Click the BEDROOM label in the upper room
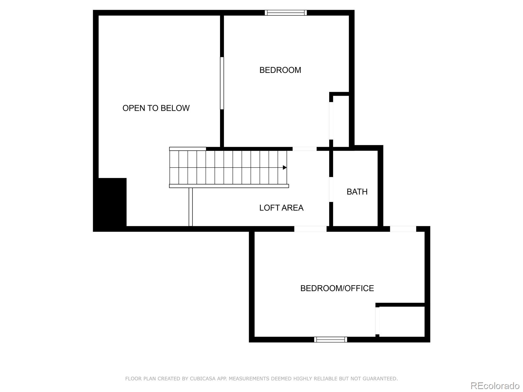coord(280,70)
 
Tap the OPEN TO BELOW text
coord(156,108)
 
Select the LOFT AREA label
coord(281,208)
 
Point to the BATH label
coord(357,192)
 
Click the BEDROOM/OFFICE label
coord(337,288)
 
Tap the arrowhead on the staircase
coord(285,168)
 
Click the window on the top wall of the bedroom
coord(286,13)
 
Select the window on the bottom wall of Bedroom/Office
coord(330,339)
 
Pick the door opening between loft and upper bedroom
coord(304,149)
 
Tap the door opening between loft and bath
coord(331,189)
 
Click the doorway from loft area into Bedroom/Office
coord(310,229)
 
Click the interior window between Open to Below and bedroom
coord(222,83)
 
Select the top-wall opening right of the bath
coord(403,229)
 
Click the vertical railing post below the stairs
coord(191,207)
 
